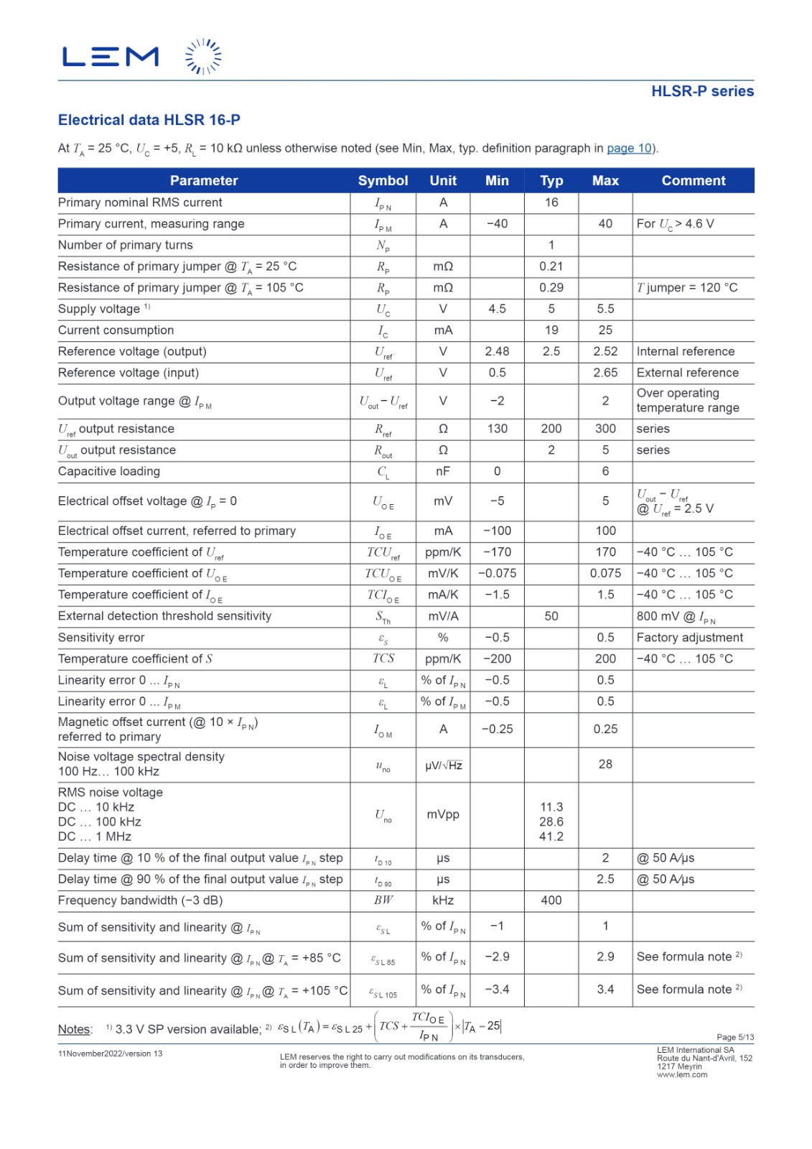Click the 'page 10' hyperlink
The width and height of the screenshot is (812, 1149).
pyautogui.click(x=630, y=149)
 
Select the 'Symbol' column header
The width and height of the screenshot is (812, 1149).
pyautogui.click(x=383, y=181)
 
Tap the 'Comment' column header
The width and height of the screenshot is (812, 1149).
pyautogui.click(x=693, y=181)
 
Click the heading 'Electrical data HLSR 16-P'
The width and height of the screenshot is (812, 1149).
pyautogui.click(x=149, y=120)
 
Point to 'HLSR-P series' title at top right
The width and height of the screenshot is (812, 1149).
pyautogui.click(x=702, y=91)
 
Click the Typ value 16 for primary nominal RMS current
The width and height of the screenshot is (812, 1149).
pyautogui.click(x=551, y=203)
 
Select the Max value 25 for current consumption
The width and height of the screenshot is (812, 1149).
pyautogui.click(x=605, y=330)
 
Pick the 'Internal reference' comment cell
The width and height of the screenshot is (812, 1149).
pyautogui.click(x=685, y=352)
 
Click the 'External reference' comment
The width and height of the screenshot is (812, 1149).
pyautogui.click(x=687, y=373)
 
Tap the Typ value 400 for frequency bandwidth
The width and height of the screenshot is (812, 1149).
pyautogui.click(x=551, y=901)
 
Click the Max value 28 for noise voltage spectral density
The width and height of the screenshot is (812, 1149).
pyautogui.click(x=605, y=764)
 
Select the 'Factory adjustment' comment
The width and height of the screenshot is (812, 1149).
pyautogui.click(x=689, y=638)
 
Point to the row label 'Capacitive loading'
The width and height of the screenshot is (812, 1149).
pyautogui.click(x=109, y=472)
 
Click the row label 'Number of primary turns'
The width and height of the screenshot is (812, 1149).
pyautogui.click(x=126, y=246)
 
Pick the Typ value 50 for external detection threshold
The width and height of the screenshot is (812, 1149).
pyautogui.click(x=551, y=616)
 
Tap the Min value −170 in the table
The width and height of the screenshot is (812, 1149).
pyautogui.click(x=497, y=552)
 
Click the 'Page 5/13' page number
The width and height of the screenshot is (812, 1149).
pyautogui.click(x=735, y=1037)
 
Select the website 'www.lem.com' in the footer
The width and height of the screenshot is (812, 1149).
pyautogui.click(x=682, y=1075)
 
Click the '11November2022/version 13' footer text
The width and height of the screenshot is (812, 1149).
pyautogui.click(x=110, y=1053)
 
